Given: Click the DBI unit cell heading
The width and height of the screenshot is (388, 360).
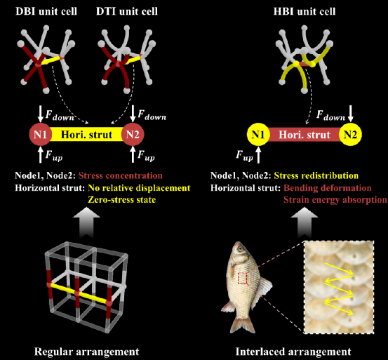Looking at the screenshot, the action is pyautogui.click(x=46, y=11).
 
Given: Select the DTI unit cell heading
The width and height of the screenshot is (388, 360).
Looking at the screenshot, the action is pyautogui.click(x=127, y=11).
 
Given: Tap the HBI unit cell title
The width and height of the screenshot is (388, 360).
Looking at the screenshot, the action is pyautogui.click(x=305, y=11).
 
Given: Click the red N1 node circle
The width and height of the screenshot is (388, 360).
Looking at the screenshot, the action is pyautogui.click(x=41, y=134).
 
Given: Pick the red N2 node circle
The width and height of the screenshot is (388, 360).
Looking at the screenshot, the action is pyautogui.click(x=133, y=134).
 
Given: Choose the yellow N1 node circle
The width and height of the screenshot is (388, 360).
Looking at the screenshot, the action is pyautogui.click(x=258, y=134).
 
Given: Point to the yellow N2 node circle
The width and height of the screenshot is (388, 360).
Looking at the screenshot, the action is pyautogui.click(x=351, y=134).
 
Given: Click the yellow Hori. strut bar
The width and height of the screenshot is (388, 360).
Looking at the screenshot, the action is pyautogui.click(x=86, y=134).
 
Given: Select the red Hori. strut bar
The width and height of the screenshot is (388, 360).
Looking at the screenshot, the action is pyautogui.click(x=305, y=134).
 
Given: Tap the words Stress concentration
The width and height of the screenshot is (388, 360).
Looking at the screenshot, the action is pyautogui.click(x=121, y=175).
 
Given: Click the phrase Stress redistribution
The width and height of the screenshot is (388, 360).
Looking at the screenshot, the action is pyautogui.click(x=316, y=175).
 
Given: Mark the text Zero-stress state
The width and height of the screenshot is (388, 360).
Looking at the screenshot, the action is pyautogui.click(x=122, y=199).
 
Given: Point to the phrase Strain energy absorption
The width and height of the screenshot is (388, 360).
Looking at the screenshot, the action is pyautogui.click(x=335, y=199).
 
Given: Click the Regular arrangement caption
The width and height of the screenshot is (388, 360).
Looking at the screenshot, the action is pyautogui.click(x=86, y=352).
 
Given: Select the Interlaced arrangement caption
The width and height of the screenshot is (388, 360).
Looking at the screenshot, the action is pyautogui.click(x=293, y=352).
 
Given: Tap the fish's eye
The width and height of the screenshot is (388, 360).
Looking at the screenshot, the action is pyautogui.click(x=240, y=248).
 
